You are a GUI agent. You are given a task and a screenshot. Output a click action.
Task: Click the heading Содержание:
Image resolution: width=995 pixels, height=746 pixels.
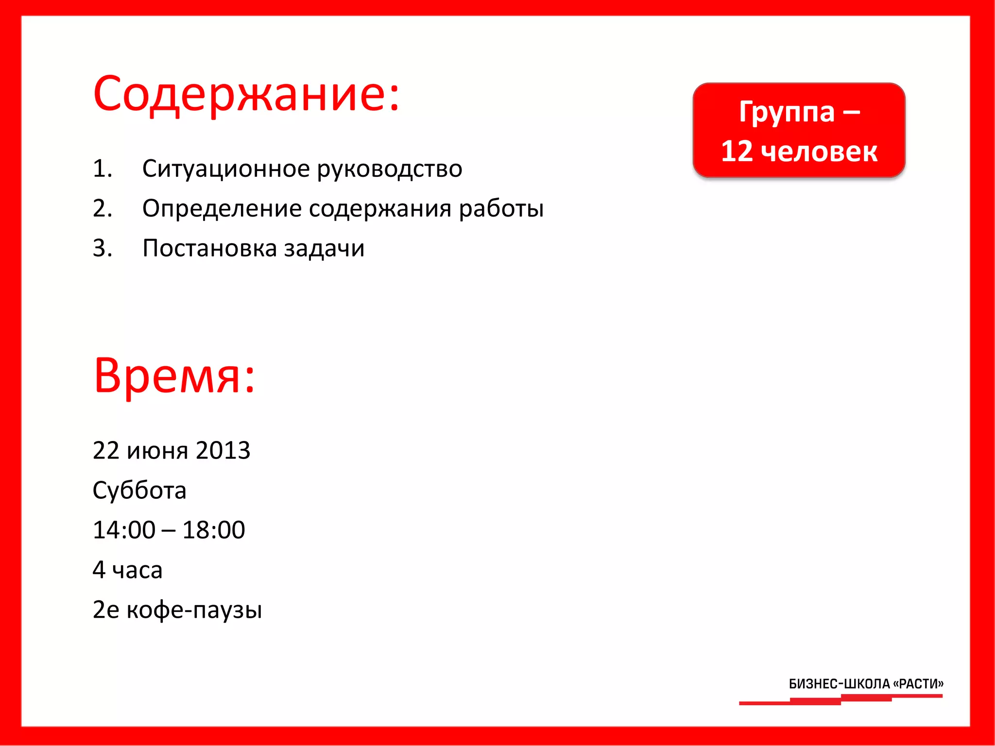[x=246, y=93]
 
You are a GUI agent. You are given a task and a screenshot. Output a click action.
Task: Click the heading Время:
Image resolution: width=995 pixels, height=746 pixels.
[x=174, y=375]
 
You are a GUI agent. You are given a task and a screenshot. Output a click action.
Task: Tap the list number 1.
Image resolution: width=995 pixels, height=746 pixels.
[x=103, y=169]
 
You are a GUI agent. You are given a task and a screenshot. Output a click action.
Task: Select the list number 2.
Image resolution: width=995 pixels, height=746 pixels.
[x=103, y=208]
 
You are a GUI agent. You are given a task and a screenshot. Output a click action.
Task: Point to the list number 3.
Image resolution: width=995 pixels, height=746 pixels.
[x=103, y=248]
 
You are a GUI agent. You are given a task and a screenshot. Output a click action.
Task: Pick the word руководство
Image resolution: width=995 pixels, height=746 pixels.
[x=390, y=169]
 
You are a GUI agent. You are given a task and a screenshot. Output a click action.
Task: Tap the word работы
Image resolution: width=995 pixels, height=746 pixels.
[x=501, y=208]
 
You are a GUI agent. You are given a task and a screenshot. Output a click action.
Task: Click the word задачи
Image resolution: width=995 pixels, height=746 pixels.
[x=324, y=248]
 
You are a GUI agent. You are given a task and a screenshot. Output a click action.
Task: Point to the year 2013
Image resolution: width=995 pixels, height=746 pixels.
[x=223, y=450]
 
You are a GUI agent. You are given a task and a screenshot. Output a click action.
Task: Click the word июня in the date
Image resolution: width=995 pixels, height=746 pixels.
[x=157, y=450]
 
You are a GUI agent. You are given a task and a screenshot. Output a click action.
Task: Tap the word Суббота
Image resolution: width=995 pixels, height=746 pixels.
[x=139, y=490]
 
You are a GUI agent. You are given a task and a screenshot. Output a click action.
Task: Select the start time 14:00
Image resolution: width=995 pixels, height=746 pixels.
[x=124, y=530]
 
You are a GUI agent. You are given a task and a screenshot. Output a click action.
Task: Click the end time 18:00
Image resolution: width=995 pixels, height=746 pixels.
[x=214, y=530]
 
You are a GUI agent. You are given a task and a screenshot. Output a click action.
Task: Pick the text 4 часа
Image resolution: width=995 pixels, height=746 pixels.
[x=127, y=570]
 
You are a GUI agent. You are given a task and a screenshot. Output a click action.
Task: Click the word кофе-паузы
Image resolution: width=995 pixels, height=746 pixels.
[x=194, y=610]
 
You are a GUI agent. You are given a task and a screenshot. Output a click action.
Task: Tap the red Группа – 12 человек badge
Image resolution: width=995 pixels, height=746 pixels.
[x=799, y=130]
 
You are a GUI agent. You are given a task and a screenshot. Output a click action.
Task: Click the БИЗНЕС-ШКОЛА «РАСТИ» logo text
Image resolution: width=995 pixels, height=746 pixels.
[x=866, y=684]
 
